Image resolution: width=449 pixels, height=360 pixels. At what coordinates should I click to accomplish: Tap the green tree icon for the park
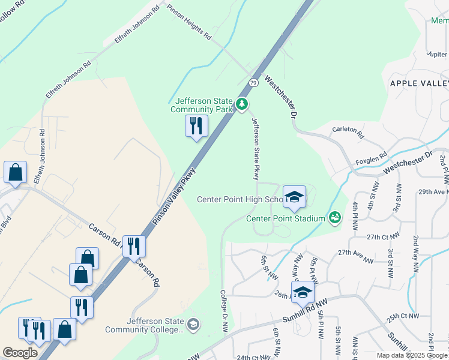(242, 105)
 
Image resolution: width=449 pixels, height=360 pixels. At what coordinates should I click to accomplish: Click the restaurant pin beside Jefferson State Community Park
(196, 127)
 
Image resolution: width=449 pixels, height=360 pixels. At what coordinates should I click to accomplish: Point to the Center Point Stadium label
(285, 218)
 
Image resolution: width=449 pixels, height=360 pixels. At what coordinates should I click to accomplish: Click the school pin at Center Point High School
(294, 197)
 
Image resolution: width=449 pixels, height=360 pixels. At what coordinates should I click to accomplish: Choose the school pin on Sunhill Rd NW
(303, 293)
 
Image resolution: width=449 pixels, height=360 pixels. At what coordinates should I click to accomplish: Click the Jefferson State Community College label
(144, 325)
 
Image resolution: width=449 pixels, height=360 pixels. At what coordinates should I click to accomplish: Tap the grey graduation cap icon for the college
(193, 325)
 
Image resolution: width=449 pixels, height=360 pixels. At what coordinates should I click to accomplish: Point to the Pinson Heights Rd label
(190, 23)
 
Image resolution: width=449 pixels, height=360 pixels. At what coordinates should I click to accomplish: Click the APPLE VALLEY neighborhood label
(419, 83)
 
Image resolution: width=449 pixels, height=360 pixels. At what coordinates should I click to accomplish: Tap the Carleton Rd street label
(348, 133)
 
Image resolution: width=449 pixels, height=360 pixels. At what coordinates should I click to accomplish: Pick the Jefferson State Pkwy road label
(255, 149)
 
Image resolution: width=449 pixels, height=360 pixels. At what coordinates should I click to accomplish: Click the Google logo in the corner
(20, 353)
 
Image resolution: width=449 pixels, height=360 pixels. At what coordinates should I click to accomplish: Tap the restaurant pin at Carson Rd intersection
(134, 246)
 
